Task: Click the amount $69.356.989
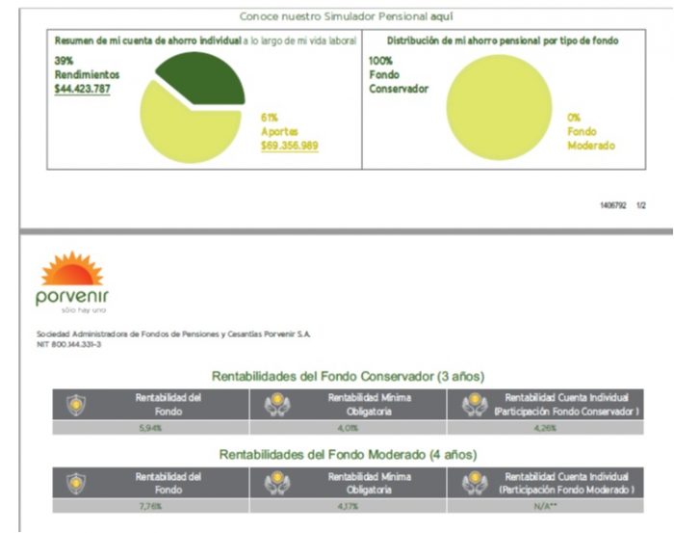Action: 290,146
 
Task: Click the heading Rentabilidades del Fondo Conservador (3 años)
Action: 347,376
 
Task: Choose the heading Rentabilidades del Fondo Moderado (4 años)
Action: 347,454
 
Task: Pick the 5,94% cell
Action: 168,427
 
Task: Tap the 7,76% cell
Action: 168,505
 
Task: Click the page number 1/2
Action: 641,206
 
